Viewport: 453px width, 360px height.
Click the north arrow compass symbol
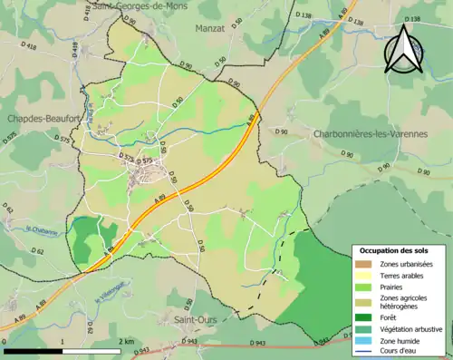pos(404,48)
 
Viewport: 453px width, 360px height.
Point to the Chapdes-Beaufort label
pos(38,118)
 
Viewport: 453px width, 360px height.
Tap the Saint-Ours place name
pos(195,320)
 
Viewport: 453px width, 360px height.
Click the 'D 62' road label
pos(37,251)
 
